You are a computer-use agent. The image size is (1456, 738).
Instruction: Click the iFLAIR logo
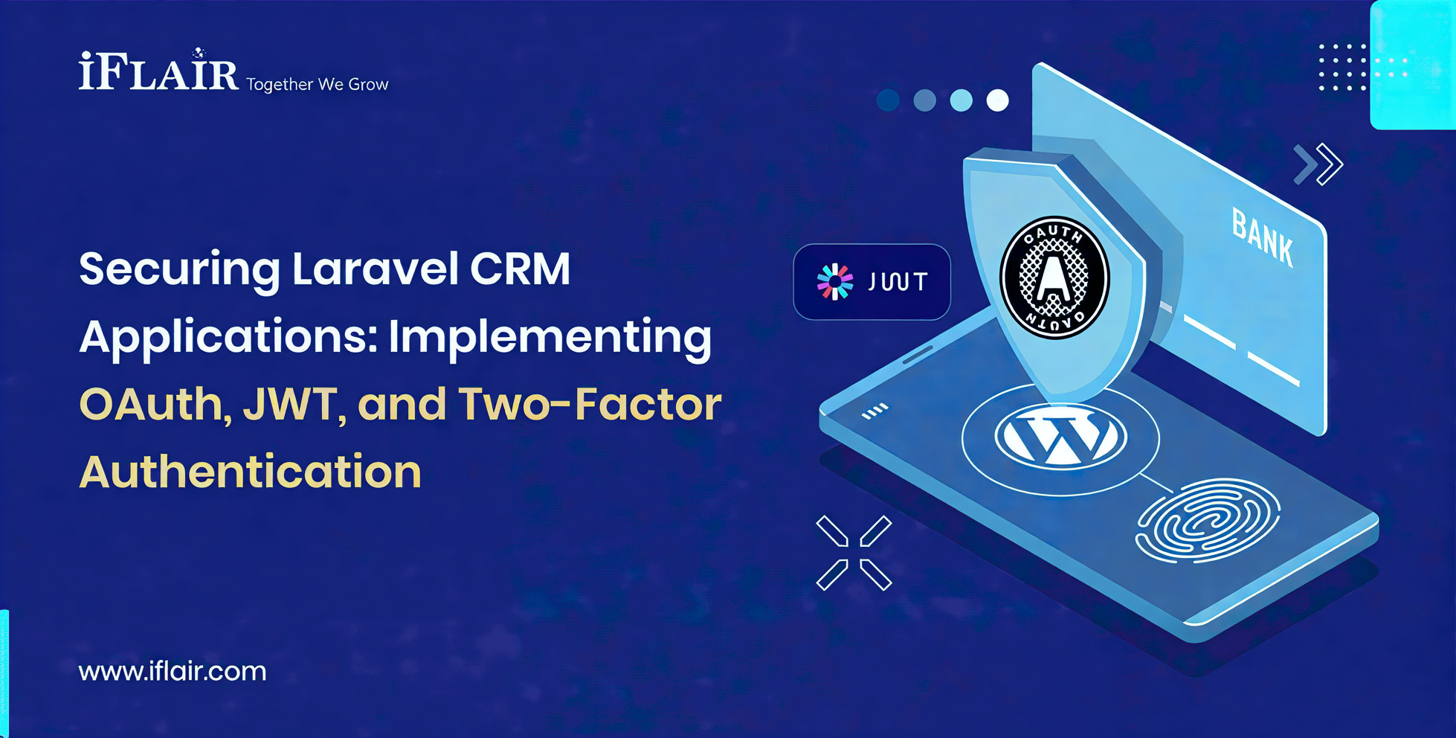[158, 72]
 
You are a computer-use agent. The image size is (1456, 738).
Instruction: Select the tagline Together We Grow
[317, 84]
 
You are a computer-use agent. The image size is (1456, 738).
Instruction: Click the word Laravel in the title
[375, 269]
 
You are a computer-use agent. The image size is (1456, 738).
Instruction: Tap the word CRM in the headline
[520, 269]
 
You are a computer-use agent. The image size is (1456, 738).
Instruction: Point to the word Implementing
[550, 337]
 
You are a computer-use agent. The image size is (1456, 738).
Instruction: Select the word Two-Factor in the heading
[589, 404]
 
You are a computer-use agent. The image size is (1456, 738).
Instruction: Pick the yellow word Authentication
[250, 472]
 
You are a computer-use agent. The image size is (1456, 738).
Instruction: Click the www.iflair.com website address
[173, 671]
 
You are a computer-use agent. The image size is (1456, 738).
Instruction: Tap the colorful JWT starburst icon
[835, 282]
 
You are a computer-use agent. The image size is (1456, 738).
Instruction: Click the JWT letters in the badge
[898, 282]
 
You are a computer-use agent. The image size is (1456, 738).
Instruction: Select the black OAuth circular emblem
[1054, 277]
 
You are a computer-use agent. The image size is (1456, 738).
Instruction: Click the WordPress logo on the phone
[1060, 437]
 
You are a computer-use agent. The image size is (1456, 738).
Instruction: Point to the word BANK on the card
[1262, 237]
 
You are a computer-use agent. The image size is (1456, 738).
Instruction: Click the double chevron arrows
[1318, 164]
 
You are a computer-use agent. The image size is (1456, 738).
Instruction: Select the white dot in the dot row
[997, 100]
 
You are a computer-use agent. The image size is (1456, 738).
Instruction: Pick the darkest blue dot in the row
[888, 100]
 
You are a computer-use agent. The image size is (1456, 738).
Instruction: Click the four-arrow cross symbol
[854, 553]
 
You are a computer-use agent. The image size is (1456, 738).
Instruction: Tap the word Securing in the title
[179, 269]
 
